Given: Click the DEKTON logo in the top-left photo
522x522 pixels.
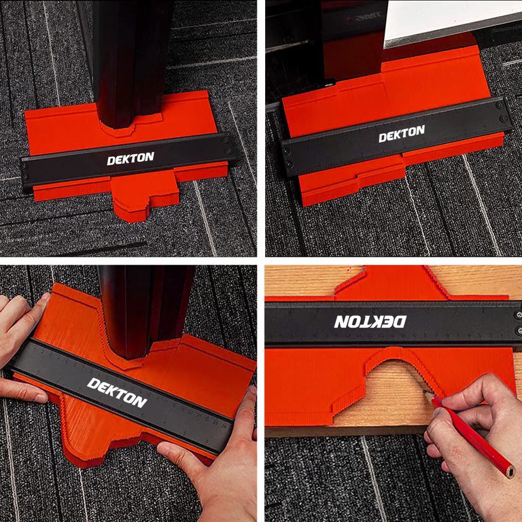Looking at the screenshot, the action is click(x=130, y=158).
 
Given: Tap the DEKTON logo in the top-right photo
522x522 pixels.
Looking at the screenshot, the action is click(x=402, y=133).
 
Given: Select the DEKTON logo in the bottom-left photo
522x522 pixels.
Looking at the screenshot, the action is click(x=117, y=392).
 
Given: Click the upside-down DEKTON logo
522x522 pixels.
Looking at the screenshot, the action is click(x=370, y=321).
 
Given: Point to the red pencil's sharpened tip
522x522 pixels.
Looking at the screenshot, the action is click(x=425, y=392).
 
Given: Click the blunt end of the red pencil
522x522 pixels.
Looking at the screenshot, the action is click(x=509, y=473).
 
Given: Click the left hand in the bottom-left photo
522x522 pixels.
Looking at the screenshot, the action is click(x=20, y=346).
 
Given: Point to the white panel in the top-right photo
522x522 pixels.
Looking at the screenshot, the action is click(x=449, y=20).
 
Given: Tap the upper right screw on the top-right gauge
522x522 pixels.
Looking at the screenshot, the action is click(x=500, y=105).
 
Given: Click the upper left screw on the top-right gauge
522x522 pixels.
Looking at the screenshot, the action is click(x=286, y=151).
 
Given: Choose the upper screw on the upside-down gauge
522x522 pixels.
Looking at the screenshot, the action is click(x=519, y=315).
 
